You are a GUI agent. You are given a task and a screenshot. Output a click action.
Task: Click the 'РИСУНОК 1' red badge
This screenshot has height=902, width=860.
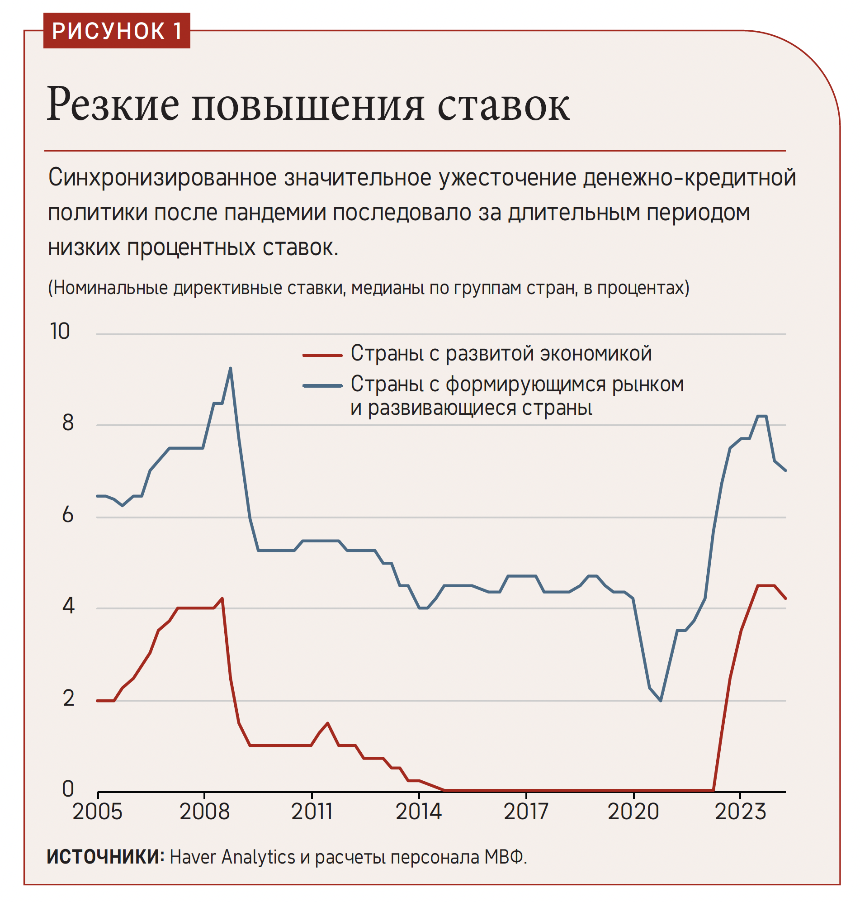click(117, 31)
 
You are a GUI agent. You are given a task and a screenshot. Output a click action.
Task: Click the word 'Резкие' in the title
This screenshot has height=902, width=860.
click(113, 105)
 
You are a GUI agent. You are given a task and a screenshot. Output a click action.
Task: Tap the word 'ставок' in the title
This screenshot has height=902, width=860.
click(503, 105)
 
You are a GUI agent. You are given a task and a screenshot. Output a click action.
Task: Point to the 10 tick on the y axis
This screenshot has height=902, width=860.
click(60, 331)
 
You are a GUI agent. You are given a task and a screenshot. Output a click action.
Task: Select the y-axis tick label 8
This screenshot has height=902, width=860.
click(68, 423)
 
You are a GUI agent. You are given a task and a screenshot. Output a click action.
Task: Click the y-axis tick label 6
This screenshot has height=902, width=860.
click(68, 514)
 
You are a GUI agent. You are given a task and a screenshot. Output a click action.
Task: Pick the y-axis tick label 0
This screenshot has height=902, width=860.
click(68, 789)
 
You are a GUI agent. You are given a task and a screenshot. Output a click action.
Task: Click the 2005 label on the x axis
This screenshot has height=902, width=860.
click(97, 812)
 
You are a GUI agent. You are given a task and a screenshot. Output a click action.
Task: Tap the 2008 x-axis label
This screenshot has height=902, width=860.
click(204, 812)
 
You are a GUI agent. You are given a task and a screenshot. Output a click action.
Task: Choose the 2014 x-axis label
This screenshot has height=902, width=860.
click(418, 812)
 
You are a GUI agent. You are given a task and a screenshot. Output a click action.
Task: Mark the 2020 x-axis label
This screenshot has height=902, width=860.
click(633, 812)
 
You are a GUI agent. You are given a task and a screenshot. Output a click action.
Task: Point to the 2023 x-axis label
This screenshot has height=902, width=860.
click(740, 812)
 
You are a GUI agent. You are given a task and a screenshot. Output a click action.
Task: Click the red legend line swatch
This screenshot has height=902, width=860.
click(322, 355)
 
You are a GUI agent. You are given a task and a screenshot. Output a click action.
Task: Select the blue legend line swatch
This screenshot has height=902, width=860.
click(322, 386)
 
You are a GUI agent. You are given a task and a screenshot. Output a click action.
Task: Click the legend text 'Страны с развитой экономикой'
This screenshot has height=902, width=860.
click(501, 354)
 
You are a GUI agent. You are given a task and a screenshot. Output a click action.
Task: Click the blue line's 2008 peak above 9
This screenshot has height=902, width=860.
click(230, 368)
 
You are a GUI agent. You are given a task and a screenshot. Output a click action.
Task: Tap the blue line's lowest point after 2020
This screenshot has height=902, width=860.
click(661, 700)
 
